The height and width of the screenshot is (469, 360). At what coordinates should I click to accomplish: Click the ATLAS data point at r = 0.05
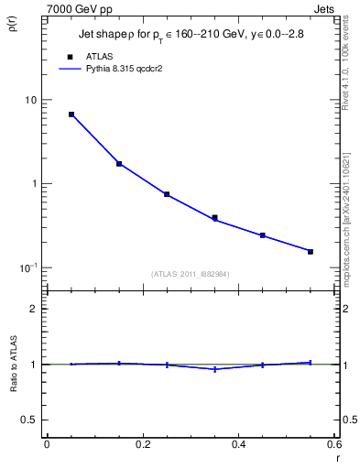point(71,115)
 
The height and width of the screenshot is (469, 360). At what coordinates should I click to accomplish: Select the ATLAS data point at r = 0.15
point(119,164)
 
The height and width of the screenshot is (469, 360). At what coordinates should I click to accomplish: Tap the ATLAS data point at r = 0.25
point(167,194)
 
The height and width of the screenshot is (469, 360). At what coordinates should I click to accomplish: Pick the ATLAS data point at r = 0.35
point(215,218)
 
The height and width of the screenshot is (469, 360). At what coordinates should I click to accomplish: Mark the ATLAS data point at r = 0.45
point(263,235)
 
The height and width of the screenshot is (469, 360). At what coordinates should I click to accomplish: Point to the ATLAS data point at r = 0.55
point(311,251)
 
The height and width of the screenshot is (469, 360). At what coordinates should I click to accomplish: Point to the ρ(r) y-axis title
point(12,22)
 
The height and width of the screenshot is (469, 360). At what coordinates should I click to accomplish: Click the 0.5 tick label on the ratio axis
point(29,420)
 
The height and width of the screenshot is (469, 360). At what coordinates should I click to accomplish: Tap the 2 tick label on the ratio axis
point(34,309)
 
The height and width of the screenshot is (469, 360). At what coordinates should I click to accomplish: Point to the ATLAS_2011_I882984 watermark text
point(191,275)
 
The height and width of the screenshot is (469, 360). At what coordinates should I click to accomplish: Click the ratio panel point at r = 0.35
point(215,369)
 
